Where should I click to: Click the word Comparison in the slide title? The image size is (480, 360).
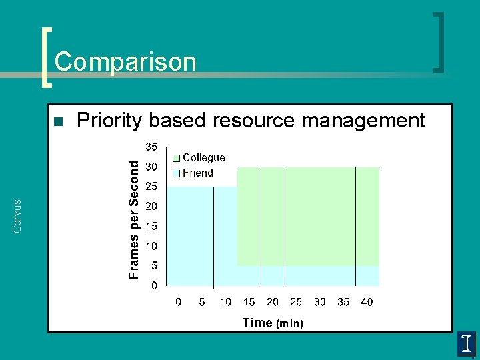[125, 62]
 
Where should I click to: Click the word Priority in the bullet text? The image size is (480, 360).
[110, 121]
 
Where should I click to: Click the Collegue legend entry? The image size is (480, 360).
[203, 158]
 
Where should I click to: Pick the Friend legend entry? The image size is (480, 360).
[198, 173]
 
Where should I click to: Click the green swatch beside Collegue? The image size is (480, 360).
[176, 159]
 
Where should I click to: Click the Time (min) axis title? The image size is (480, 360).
[273, 323]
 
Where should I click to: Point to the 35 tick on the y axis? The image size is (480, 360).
[151, 147]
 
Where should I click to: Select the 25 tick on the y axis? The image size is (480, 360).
[151, 187]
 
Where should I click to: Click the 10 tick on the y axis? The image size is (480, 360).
[151, 246]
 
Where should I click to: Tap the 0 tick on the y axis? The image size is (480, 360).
[154, 286]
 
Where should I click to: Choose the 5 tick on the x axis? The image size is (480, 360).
[202, 302]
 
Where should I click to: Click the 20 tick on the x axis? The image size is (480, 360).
[273, 302]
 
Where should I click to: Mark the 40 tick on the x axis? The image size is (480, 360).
[367, 302]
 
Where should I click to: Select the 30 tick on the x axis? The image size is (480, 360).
[319, 302]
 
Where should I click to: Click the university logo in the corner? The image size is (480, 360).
[466, 344]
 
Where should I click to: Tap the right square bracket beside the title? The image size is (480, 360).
[439, 41]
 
